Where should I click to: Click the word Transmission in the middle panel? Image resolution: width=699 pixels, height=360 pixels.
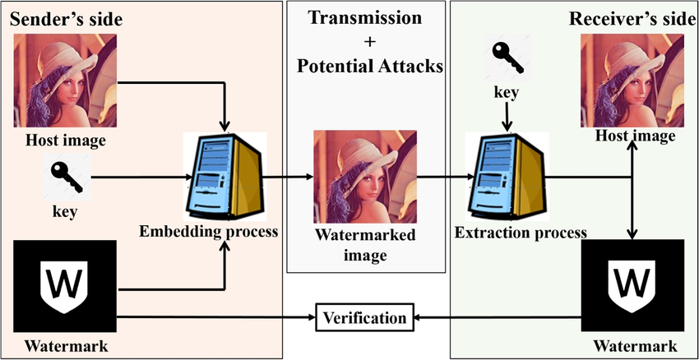click(363, 18)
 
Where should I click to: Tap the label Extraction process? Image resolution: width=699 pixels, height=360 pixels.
click(521, 233)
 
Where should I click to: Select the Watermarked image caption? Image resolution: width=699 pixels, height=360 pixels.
click(364, 246)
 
